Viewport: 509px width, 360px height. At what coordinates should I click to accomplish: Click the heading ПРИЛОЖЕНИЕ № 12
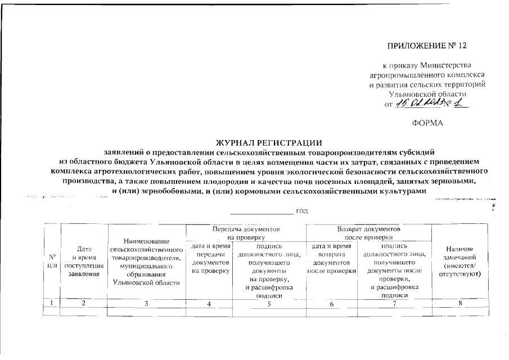427,46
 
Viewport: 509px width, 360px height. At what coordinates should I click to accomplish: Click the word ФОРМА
427,122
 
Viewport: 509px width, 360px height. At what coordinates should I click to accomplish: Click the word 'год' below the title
303,211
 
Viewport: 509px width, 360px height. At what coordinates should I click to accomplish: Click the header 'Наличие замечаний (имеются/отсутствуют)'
459,262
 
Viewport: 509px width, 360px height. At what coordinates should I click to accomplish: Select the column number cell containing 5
268,304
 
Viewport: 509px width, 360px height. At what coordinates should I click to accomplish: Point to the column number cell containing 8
459,304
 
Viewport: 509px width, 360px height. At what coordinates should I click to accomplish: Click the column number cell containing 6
331,304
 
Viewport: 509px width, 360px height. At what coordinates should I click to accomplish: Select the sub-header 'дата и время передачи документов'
210,259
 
